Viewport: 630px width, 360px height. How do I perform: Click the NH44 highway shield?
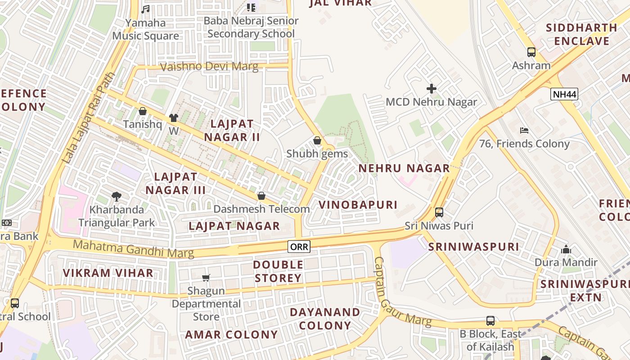(x=564, y=94)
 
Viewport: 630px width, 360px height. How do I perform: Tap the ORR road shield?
(x=299, y=246)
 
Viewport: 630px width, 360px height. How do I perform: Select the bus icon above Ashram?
(x=531, y=52)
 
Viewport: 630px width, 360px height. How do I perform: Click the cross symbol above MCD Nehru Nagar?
(x=432, y=89)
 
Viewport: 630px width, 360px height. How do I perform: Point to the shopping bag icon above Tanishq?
(x=143, y=111)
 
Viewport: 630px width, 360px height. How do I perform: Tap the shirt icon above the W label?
(x=174, y=118)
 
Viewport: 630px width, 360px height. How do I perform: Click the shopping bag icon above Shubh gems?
(x=317, y=140)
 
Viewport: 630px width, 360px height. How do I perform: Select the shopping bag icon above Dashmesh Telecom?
(x=261, y=196)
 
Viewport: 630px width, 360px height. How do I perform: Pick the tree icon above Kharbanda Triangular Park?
(x=117, y=196)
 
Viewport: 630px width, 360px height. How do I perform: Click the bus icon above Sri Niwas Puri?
(x=439, y=212)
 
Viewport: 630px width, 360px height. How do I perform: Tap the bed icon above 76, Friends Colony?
(x=524, y=130)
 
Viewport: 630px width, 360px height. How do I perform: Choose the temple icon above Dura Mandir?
(x=566, y=249)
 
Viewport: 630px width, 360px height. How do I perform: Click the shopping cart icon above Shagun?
(x=206, y=278)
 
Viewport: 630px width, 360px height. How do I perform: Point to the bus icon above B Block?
(x=490, y=321)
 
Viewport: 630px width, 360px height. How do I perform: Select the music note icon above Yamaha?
(x=145, y=9)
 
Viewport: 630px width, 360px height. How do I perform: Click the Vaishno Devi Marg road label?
(x=210, y=67)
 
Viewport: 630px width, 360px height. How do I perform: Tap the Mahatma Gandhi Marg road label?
(x=134, y=249)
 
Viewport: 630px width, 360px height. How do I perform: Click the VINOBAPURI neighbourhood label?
(x=358, y=205)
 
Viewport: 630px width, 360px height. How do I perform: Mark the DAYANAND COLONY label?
(x=325, y=319)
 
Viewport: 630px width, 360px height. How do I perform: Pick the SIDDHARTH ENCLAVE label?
(x=581, y=34)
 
